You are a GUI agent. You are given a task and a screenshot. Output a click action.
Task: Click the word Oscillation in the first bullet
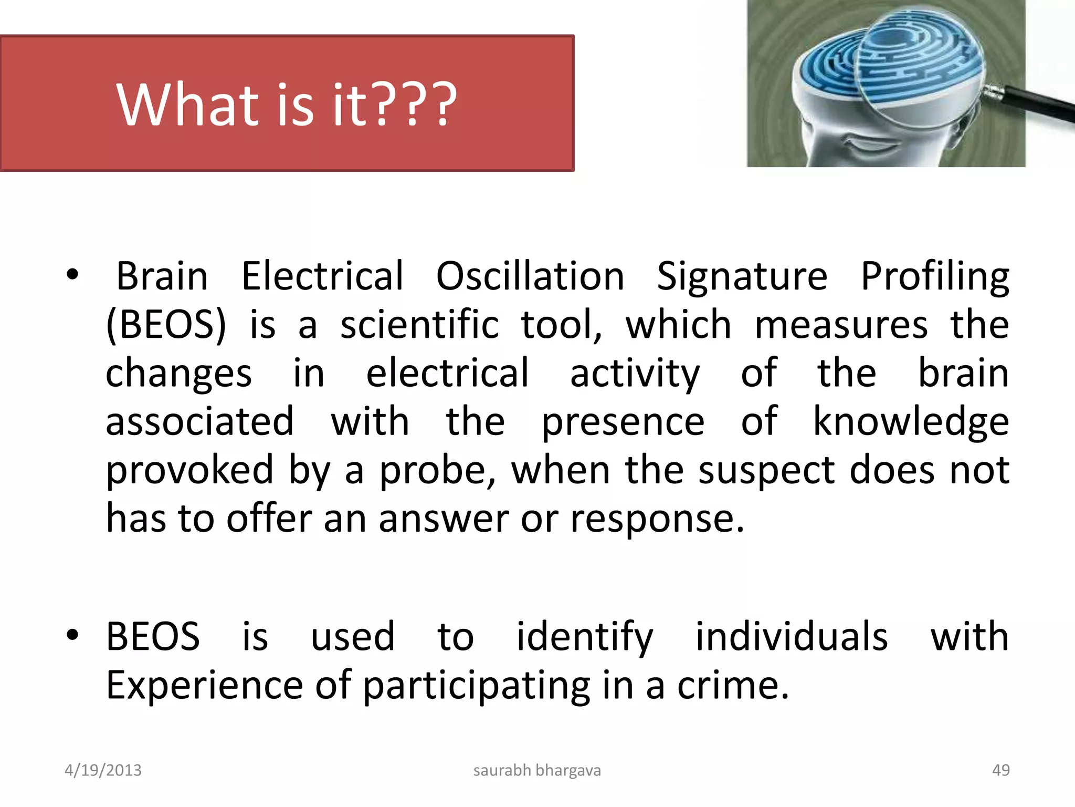[x=530, y=276]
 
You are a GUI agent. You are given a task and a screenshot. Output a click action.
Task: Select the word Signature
[x=742, y=277]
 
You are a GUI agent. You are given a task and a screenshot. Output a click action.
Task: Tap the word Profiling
[x=935, y=277]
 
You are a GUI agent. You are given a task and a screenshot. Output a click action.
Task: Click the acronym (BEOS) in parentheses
[x=166, y=325]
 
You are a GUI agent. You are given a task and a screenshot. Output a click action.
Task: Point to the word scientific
[x=419, y=325]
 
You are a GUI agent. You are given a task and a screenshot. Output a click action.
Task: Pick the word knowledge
[x=911, y=422]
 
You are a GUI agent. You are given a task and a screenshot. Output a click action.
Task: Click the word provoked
[x=189, y=470]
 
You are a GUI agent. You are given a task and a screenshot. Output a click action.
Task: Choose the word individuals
[x=792, y=637]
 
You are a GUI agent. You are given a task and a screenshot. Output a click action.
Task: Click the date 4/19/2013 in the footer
[x=103, y=770]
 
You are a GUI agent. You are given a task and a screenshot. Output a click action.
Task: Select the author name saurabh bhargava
[x=537, y=770]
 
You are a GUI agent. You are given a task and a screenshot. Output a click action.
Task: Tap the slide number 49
[x=1000, y=770]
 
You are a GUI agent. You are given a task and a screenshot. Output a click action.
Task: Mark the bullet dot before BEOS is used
[x=72, y=635]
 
